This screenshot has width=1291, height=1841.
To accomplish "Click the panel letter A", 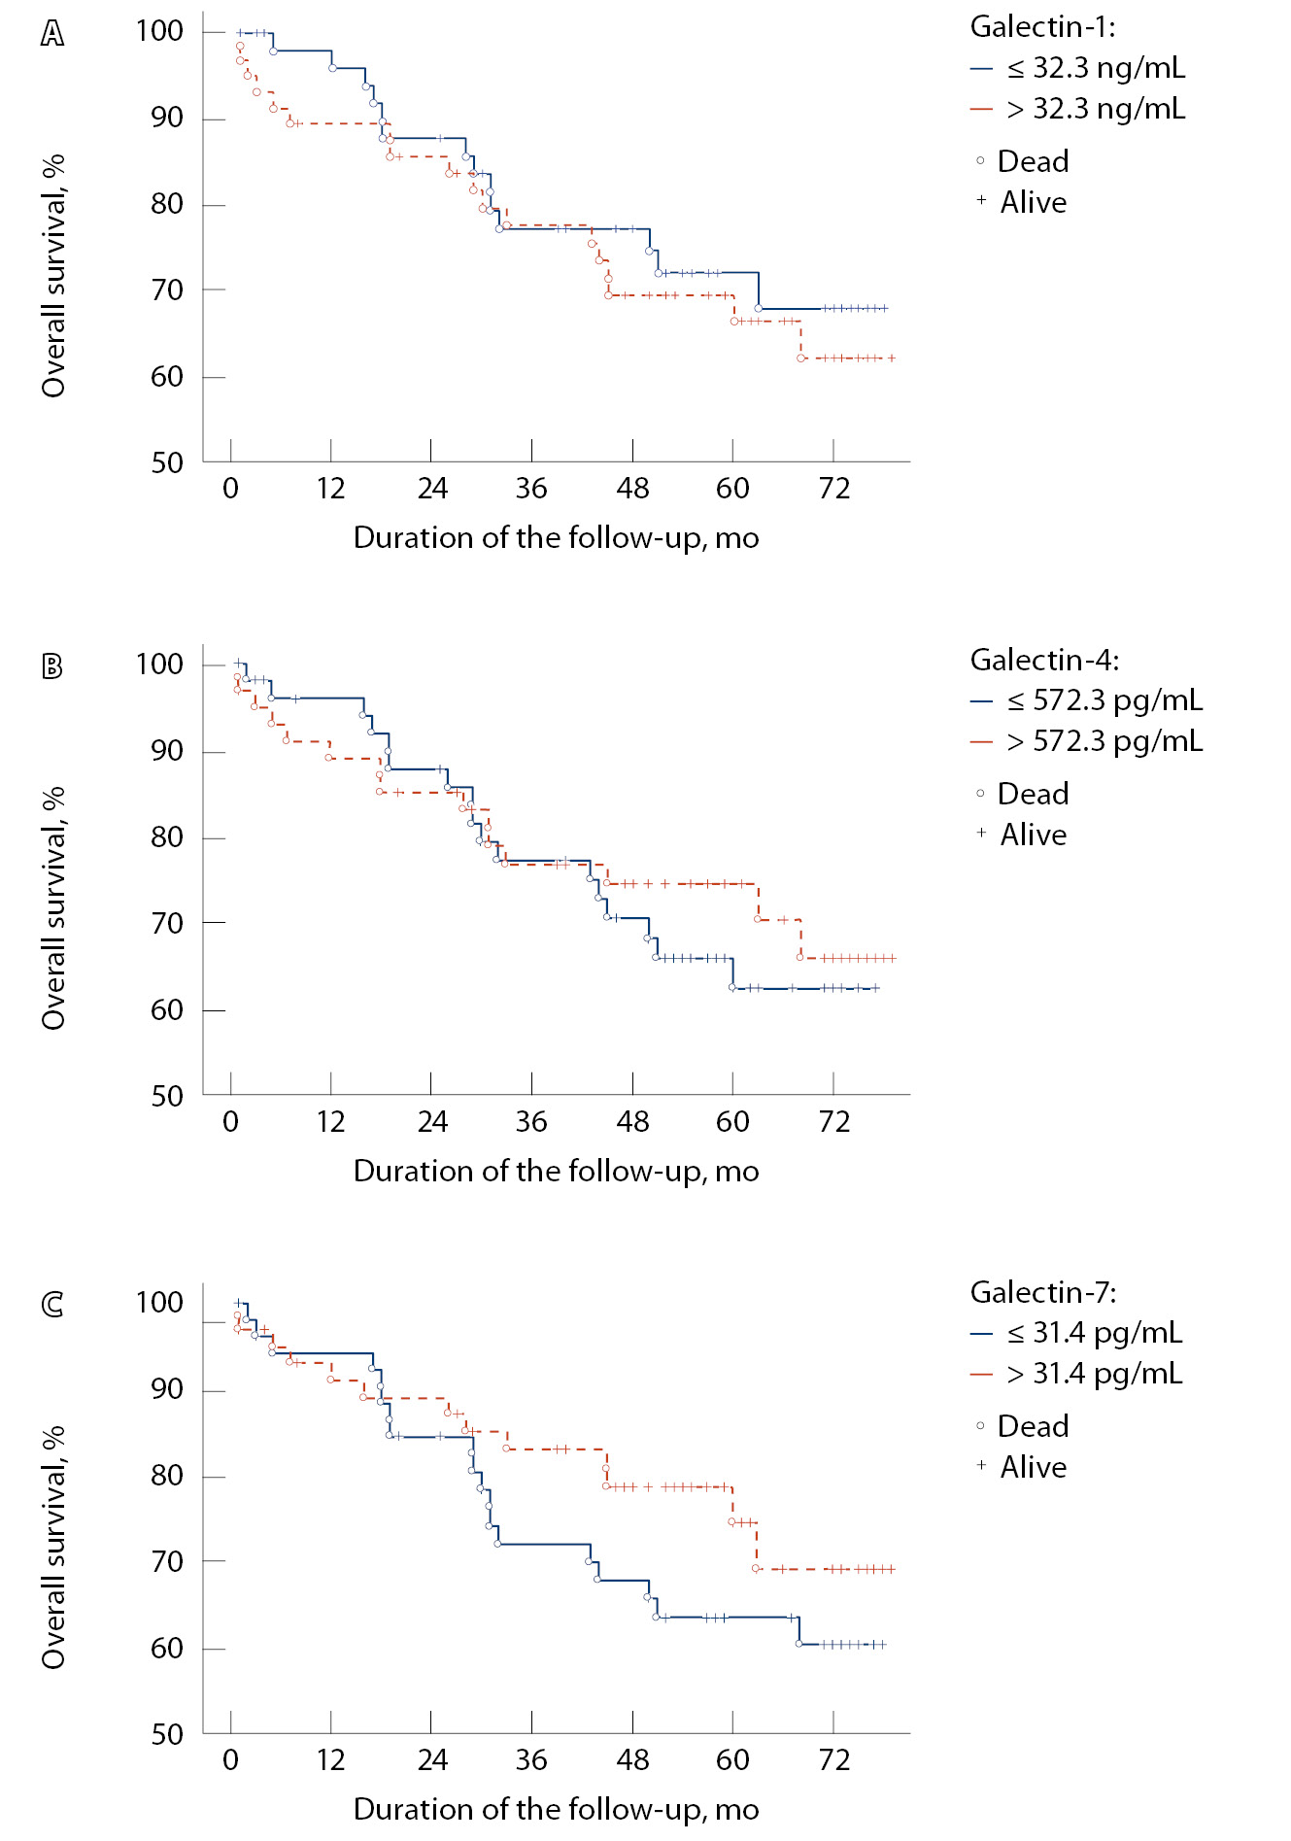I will [x=52, y=34].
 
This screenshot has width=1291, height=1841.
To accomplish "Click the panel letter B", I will [x=52, y=666].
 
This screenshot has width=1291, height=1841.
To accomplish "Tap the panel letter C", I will [x=52, y=1304].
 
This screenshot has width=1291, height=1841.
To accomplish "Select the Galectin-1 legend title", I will [x=1043, y=27].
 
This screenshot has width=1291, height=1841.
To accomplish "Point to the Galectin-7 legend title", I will [x=1043, y=1292].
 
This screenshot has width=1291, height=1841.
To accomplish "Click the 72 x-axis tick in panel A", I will [x=833, y=488].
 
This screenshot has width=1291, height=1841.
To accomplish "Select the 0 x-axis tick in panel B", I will [x=230, y=1122].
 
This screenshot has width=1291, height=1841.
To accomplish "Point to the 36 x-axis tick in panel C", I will [x=531, y=1759].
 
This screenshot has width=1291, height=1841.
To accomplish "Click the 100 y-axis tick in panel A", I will [x=159, y=31].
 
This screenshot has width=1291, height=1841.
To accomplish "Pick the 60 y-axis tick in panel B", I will [x=166, y=1010].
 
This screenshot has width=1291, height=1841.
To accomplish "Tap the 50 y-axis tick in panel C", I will [x=166, y=1734].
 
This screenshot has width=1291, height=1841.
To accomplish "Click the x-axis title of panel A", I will [x=556, y=538].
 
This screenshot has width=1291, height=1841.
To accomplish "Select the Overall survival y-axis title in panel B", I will [x=53, y=907].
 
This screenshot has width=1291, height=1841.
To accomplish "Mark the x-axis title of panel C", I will [x=556, y=1809].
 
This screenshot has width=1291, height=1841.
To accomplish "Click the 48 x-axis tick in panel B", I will [x=632, y=1122].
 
